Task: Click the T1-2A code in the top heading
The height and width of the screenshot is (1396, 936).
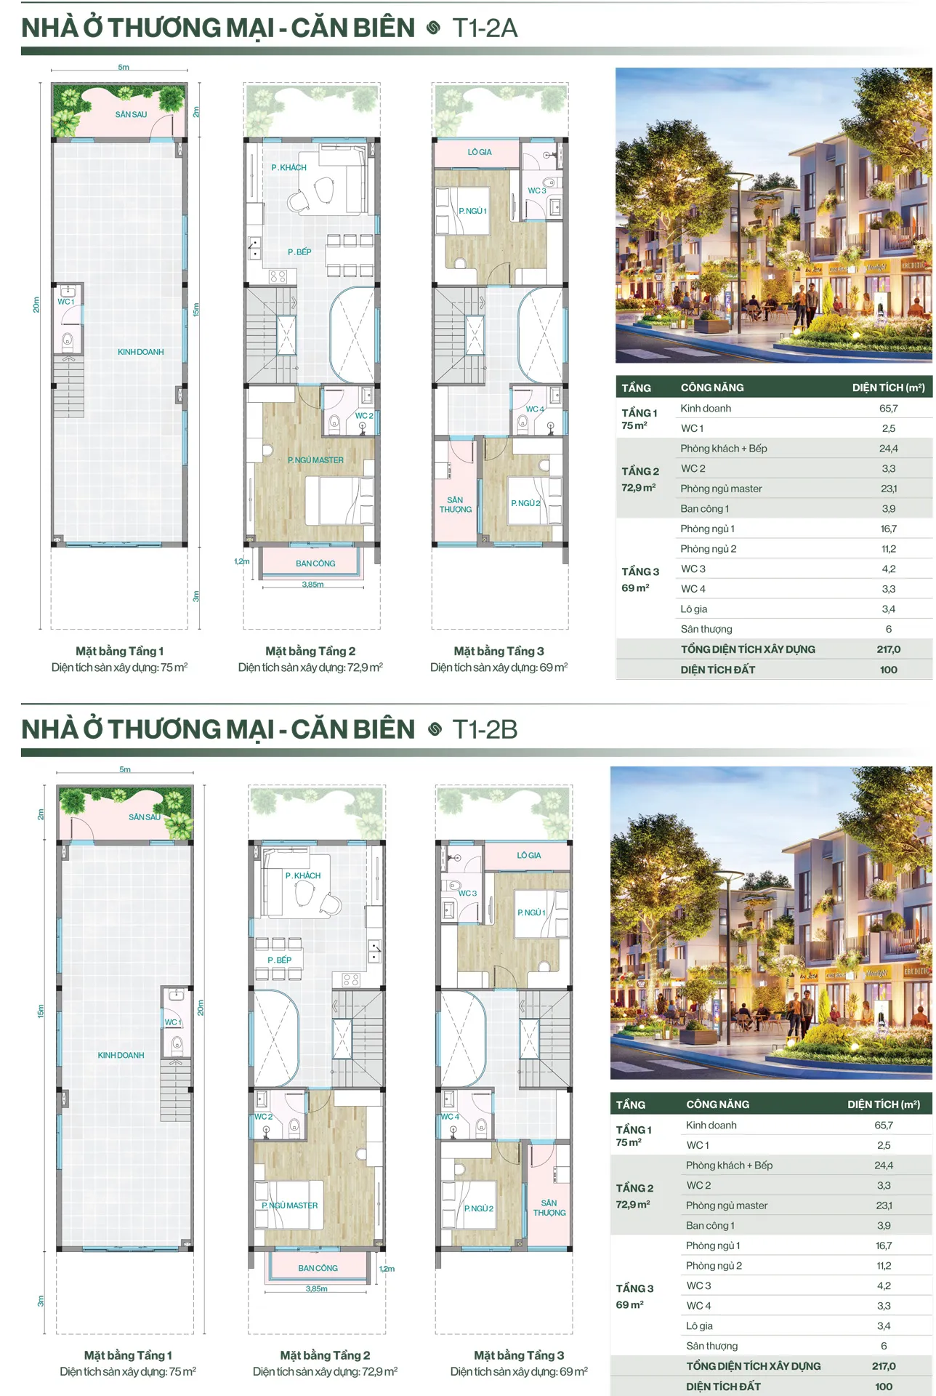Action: (x=485, y=28)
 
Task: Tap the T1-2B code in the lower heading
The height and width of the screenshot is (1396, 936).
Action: (x=485, y=729)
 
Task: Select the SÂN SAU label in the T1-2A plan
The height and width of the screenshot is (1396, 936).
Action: (x=131, y=114)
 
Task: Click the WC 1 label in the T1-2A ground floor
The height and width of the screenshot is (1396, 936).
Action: (x=66, y=302)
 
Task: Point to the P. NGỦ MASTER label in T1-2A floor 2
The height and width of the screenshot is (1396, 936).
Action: (x=315, y=460)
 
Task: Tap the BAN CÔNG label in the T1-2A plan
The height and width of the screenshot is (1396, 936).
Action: (x=315, y=563)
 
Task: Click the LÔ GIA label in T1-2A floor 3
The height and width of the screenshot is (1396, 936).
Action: (x=480, y=152)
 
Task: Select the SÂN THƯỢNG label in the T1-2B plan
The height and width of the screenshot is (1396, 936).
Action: (x=549, y=1208)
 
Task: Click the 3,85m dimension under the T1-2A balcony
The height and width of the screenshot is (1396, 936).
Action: (x=313, y=585)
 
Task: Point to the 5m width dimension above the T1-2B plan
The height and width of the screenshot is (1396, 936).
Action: (x=125, y=769)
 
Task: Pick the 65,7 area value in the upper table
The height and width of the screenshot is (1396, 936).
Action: (x=888, y=409)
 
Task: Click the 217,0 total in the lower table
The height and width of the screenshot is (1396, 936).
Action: (x=884, y=1366)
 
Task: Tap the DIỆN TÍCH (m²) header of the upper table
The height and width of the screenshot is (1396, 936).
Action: (x=888, y=388)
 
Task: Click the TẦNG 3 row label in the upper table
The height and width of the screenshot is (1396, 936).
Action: (x=640, y=571)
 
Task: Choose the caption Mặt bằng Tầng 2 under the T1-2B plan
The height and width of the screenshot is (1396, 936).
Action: (x=325, y=1355)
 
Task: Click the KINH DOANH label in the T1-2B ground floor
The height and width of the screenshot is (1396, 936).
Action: (x=121, y=1055)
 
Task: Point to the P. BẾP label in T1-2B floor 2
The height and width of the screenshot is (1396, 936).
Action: (x=279, y=960)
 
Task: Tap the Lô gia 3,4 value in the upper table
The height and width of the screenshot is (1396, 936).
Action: (x=888, y=609)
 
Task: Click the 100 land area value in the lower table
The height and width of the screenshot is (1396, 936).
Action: (x=884, y=1387)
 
